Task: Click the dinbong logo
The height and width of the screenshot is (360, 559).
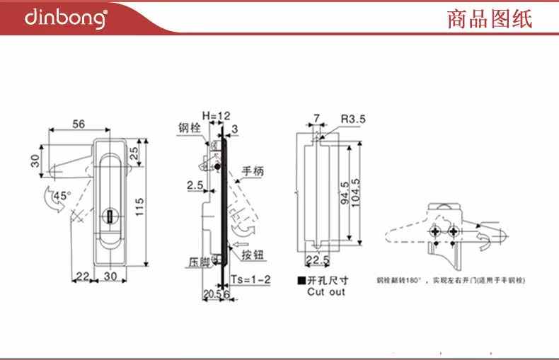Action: pyautogui.click(x=66, y=18)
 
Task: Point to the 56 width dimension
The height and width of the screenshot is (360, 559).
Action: pyautogui.click(x=79, y=124)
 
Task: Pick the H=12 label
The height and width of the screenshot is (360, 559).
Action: pyautogui.click(x=217, y=115)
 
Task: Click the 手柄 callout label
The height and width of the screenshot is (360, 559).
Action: pyautogui.click(x=253, y=170)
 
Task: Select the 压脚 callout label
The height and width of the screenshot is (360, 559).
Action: pyautogui.click(x=199, y=261)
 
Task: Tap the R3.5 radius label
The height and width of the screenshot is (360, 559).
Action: pyautogui.click(x=352, y=120)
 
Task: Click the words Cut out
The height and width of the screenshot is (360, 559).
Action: pyautogui.click(x=326, y=291)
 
